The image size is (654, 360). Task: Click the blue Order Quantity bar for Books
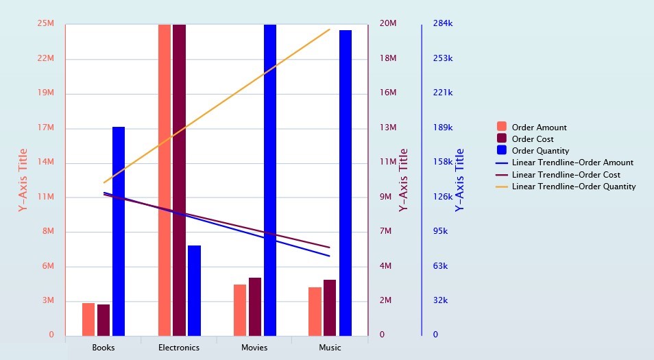coord(119,231)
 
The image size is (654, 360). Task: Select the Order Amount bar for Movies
coord(240,310)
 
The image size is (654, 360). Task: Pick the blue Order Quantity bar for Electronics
coord(194,290)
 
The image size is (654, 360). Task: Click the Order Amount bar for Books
coord(88,319)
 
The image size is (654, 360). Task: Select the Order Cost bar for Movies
coord(255,307)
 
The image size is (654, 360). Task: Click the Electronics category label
coord(179,348)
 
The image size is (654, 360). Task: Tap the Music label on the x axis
coord(330,348)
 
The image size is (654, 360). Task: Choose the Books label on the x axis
coord(104,348)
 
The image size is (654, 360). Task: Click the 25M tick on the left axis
coord(47,24)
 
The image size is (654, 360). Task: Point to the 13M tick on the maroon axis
coord(388,128)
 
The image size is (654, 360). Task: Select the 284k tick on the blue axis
coord(443,24)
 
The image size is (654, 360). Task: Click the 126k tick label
coord(443,197)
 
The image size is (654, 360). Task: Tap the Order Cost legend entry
coord(533,139)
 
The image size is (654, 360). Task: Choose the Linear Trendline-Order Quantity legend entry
coord(573,187)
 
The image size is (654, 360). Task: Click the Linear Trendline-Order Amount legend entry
coord(572,163)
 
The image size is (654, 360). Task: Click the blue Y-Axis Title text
coord(459,180)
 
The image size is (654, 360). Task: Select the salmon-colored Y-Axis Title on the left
coord(23,180)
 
